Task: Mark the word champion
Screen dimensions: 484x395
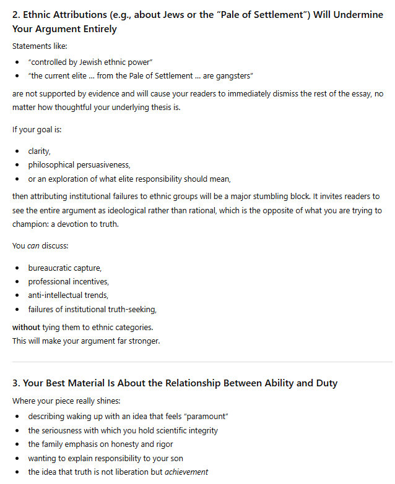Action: coord(29,225)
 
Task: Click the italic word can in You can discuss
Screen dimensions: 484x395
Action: coord(33,245)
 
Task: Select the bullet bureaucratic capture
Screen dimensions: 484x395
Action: coord(65,268)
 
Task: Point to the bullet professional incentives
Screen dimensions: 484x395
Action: coord(68,281)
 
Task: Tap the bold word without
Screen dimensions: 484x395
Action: coord(26,327)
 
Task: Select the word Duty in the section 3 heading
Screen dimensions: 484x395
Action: coord(324,383)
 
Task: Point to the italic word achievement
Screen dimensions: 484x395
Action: coord(186,472)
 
